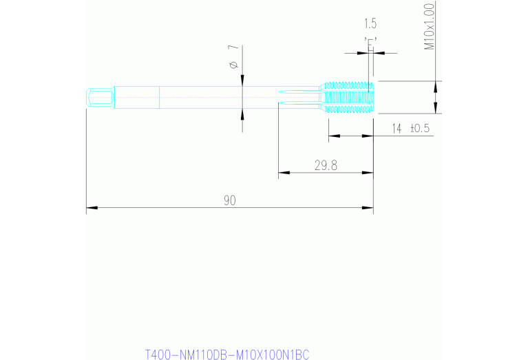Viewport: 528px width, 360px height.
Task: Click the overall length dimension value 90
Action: pyautogui.click(x=230, y=200)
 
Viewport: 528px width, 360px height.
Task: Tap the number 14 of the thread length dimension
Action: pyautogui.click(x=397, y=129)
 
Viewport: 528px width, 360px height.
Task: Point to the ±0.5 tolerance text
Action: pyautogui.click(x=420, y=129)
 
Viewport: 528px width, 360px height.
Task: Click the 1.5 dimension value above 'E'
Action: pyautogui.click(x=370, y=23)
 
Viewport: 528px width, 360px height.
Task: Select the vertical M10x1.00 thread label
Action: pyautogui.click(x=430, y=27)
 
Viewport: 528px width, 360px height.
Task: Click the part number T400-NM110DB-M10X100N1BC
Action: pyautogui.click(x=227, y=354)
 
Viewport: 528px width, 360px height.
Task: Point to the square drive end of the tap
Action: pyautogui.click(x=100, y=97)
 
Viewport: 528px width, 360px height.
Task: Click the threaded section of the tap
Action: pyautogui.click(x=348, y=97)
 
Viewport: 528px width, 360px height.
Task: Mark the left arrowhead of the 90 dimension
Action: pyautogui.click(x=90, y=207)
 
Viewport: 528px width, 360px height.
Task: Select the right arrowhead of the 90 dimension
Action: pyautogui.click(x=369, y=207)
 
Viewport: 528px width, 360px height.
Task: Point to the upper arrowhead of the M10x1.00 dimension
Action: pyautogui.click(x=434, y=85)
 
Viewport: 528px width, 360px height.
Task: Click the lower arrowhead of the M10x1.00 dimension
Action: pyautogui.click(x=434, y=109)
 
